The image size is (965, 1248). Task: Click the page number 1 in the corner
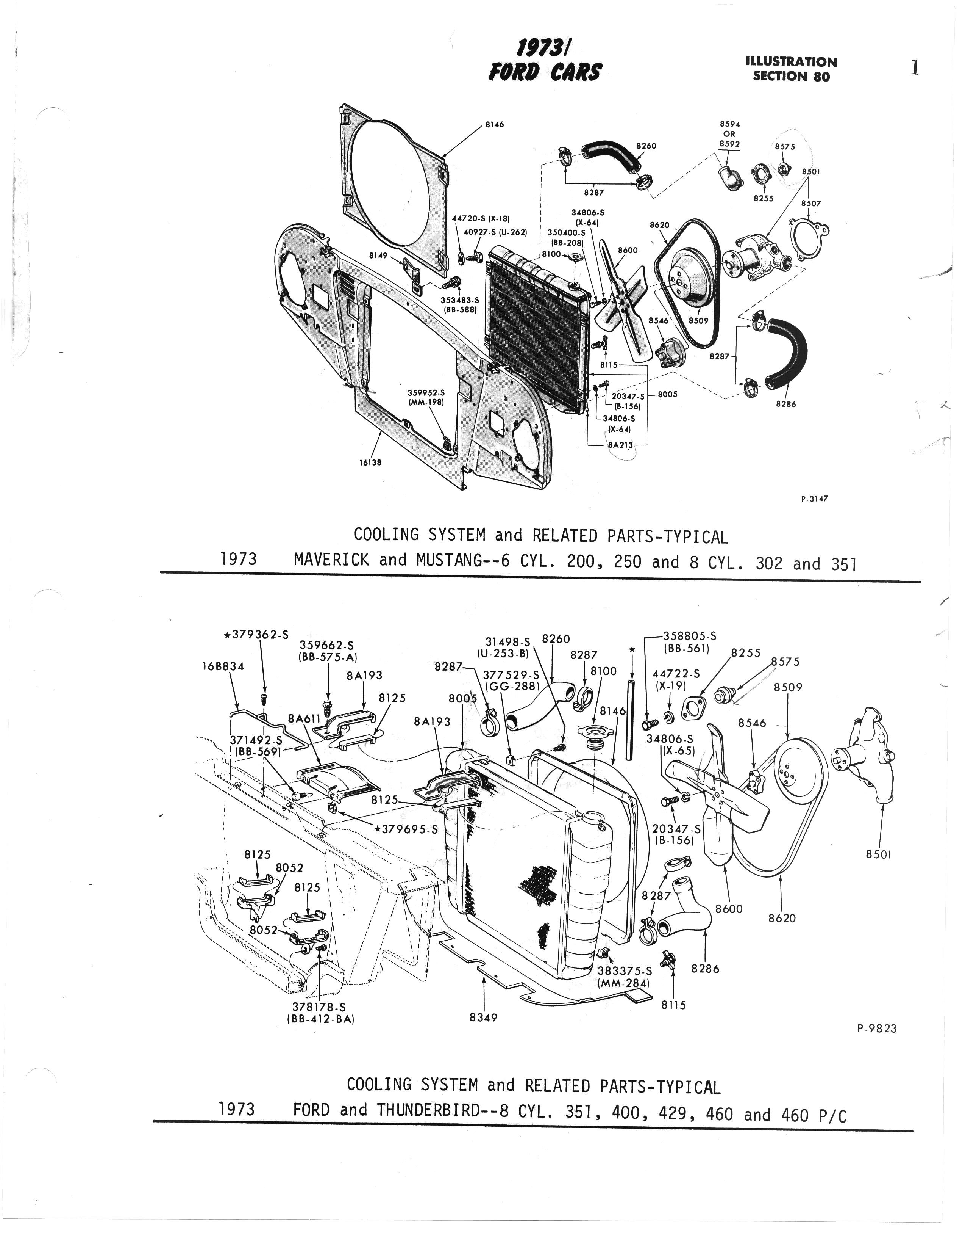click(915, 69)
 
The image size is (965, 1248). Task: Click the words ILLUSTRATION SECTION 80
click(792, 69)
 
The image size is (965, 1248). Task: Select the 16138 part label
click(370, 463)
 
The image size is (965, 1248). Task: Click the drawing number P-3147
click(814, 498)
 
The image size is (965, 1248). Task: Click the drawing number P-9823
click(877, 1029)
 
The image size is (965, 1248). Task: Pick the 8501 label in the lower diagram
click(878, 855)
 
